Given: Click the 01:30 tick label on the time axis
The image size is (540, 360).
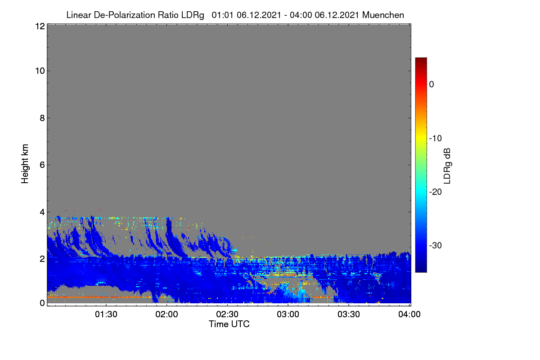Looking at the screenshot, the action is [x=106, y=315].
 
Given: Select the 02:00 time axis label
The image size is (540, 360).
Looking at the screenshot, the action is [x=166, y=315].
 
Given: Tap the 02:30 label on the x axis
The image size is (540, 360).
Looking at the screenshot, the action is [x=227, y=315].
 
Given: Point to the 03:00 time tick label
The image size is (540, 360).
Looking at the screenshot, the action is [x=288, y=315].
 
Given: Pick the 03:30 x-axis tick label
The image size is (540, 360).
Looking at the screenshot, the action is [x=349, y=315].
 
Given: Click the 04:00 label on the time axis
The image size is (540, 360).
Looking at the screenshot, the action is [x=409, y=315].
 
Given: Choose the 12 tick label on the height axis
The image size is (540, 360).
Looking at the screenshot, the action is [x=40, y=26].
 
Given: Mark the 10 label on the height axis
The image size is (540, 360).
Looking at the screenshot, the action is [x=40, y=71].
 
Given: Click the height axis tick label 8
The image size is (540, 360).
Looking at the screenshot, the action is [x=42, y=118].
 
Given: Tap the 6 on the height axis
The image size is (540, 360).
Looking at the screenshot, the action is [x=42, y=165].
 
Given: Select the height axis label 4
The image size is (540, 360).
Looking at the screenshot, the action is [x=42, y=212].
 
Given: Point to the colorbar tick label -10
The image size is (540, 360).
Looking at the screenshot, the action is [x=436, y=139].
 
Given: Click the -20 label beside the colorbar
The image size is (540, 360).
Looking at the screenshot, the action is [x=436, y=192].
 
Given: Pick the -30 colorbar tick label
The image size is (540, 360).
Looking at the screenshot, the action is [x=436, y=245].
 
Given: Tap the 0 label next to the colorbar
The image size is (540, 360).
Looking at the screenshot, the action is [x=432, y=85].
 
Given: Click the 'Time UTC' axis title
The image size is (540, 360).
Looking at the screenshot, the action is [x=229, y=324].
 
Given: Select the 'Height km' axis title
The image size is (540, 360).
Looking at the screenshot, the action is [x=25, y=164].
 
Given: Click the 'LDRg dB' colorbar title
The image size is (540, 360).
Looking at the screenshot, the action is [x=447, y=166].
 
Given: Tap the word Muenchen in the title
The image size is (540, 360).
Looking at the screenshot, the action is [x=383, y=15].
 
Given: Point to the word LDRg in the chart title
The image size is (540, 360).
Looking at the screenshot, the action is [x=193, y=15].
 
